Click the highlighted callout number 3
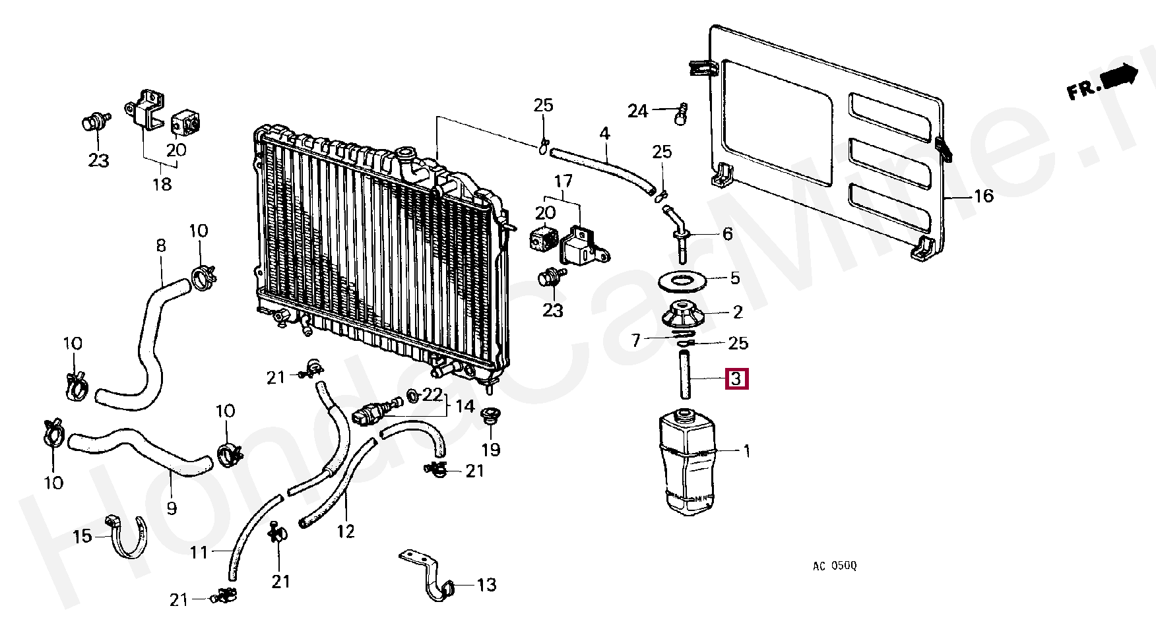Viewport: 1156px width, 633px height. (x=736, y=379)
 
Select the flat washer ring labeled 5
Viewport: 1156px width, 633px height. (x=683, y=280)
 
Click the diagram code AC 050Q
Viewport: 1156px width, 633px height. (x=834, y=566)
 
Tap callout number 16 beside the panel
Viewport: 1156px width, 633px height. (x=983, y=196)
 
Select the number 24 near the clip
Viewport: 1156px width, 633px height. (x=637, y=111)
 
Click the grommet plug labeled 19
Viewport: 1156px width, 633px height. (x=490, y=416)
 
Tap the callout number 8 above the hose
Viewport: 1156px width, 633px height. (x=161, y=246)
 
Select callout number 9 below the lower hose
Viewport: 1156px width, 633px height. (x=172, y=508)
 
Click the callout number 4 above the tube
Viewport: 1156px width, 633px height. (x=604, y=134)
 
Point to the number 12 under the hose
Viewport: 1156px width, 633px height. (x=346, y=531)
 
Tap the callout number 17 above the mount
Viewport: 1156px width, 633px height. (x=563, y=180)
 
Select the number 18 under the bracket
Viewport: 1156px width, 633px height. (x=162, y=184)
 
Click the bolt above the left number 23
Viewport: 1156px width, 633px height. (x=94, y=122)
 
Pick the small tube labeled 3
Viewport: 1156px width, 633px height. (x=684, y=375)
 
